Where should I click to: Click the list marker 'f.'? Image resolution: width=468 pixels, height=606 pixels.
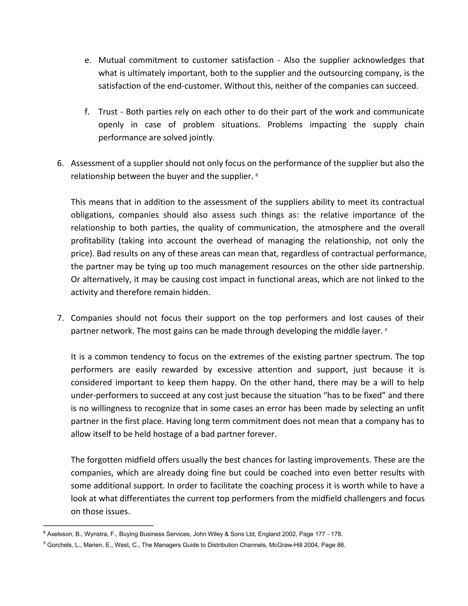point(87,112)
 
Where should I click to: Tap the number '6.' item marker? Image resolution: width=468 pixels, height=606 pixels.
point(60,164)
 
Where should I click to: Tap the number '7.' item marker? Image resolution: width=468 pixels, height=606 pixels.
point(60,318)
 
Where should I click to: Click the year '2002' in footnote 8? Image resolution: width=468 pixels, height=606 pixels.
point(289,534)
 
